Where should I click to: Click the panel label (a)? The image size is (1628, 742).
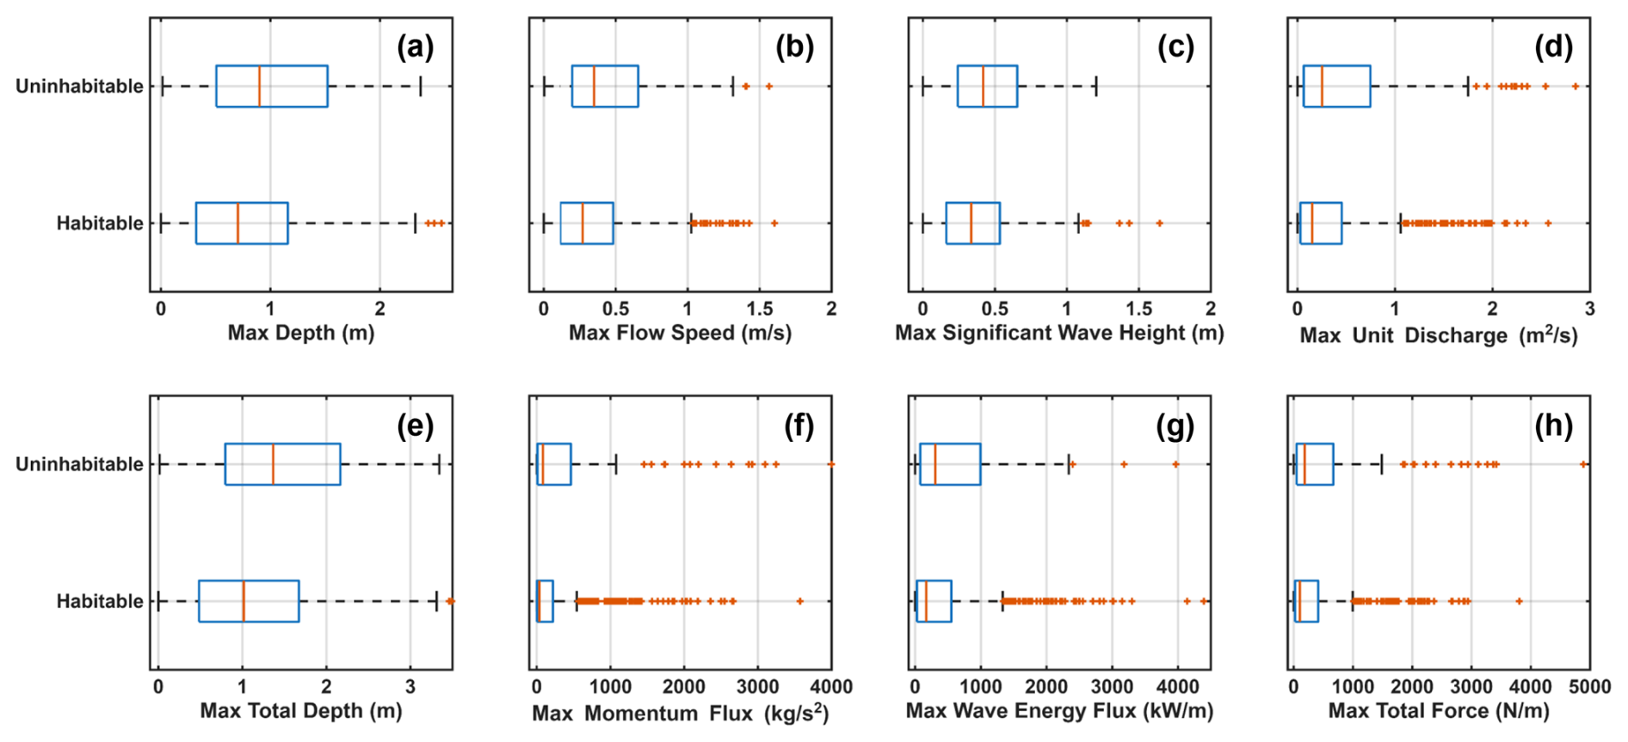415,47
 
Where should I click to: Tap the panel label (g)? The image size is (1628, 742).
1175,426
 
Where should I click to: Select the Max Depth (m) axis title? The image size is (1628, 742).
300,333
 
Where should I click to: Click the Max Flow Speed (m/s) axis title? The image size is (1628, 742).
680,333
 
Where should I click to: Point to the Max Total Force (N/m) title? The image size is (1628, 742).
1438,711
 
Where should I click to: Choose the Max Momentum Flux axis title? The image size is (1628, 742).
680,713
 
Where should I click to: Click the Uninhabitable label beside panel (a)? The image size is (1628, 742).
79,86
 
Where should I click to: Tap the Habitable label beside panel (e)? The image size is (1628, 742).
100,601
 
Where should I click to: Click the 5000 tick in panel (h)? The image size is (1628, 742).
1589,687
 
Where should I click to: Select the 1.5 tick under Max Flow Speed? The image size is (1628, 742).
759,309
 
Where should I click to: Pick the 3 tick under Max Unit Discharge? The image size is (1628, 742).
1589,309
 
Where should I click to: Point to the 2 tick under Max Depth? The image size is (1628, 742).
380,309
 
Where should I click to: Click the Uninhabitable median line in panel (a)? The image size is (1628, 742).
259,86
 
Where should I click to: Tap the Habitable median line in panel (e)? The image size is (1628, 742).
244,601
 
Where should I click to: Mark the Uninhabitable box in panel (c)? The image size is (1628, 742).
987,86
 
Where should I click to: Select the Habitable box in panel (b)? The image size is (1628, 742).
587,224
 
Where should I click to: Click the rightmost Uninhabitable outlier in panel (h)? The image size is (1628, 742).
1583,464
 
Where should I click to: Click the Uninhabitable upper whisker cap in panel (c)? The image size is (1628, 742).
1096,86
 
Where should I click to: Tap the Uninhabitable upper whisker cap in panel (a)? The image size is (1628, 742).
420,86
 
